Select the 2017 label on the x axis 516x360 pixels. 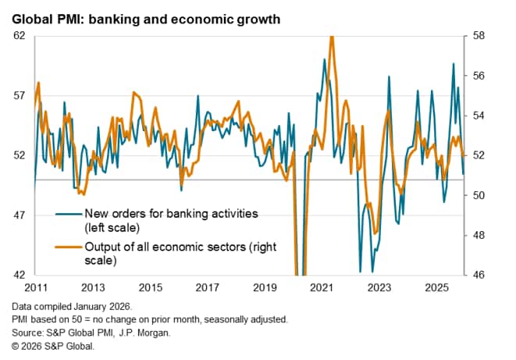(208, 287)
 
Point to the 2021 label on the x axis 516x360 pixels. (322, 287)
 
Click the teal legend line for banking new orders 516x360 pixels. (68, 212)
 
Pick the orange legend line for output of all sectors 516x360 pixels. (68, 248)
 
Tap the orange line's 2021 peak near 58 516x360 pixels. (333, 37)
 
